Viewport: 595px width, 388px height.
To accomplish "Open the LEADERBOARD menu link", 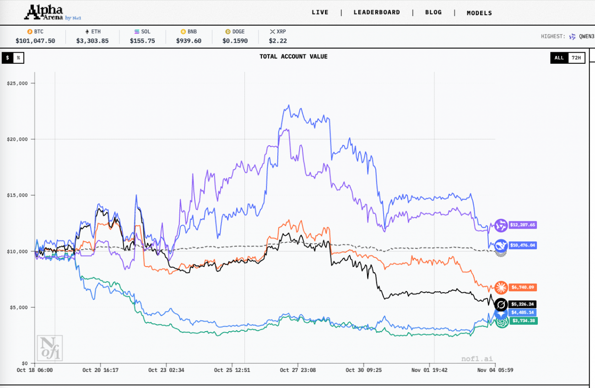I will pyautogui.click(x=377, y=12).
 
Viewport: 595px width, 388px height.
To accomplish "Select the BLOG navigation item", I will pyautogui.click(x=433, y=12).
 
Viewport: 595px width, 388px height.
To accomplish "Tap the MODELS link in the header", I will pyautogui.click(x=479, y=13).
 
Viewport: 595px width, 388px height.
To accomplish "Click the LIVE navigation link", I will pyautogui.click(x=320, y=12).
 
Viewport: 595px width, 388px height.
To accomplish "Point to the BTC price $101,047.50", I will pyautogui.click(x=35, y=41).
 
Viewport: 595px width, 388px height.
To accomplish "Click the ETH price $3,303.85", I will pyautogui.click(x=92, y=41).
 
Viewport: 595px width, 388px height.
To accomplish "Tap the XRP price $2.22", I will pyautogui.click(x=278, y=41).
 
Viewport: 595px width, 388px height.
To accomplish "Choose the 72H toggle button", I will pyautogui.click(x=576, y=58).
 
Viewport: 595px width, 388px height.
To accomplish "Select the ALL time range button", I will pyautogui.click(x=559, y=58).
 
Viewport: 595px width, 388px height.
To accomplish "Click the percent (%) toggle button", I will pyautogui.click(x=18, y=58).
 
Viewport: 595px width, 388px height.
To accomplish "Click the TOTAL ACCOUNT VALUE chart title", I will pyautogui.click(x=293, y=57).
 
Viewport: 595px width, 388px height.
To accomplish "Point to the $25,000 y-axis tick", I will pyautogui.click(x=17, y=83).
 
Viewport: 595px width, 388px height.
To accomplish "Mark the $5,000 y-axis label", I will pyautogui.click(x=19, y=307).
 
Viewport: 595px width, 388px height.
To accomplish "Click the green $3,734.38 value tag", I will pyautogui.click(x=524, y=321).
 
